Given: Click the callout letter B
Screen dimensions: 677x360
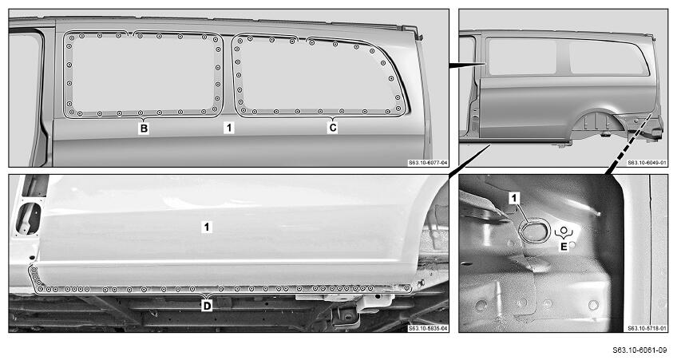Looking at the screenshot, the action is [x=144, y=129].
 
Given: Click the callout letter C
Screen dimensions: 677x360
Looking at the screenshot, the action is [x=332, y=128].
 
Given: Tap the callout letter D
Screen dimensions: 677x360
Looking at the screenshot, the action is [x=208, y=306].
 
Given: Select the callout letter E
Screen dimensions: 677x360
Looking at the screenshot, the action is [x=564, y=247].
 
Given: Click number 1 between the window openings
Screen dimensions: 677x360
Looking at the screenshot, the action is [x=229, y=128].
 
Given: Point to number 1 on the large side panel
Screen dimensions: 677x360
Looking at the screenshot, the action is [x=207, y=227].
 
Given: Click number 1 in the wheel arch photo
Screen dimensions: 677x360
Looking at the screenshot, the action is [x=514, y=198].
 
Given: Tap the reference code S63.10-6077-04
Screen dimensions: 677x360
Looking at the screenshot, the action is [x=427, y=163].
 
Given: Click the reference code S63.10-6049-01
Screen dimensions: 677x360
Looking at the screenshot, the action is [x=647, y=163].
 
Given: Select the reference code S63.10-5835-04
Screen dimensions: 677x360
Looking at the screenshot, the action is [x=427, y=329].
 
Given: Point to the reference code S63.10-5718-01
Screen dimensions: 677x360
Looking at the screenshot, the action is [x=647, y=329].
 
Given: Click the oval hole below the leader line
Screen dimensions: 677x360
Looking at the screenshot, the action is [x=535, y=230].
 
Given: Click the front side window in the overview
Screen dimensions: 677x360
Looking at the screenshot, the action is [x=522, y=57].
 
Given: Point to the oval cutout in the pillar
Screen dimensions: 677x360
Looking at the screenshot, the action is [x=28, y=219].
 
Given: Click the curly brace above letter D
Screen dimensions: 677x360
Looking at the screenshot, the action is [x=208, y=295].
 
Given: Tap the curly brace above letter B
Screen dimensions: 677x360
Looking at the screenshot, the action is [x=144, y=118].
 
